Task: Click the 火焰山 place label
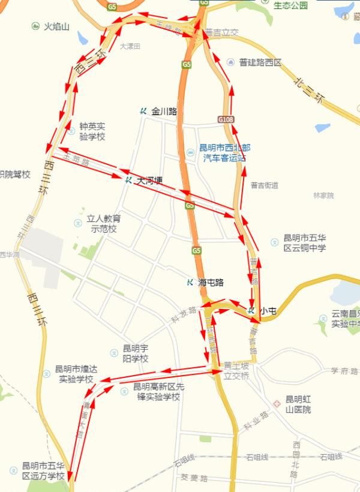[58, 27]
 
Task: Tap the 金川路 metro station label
[164, 111]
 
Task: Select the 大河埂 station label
[149, 179]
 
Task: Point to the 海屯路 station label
[210, 283]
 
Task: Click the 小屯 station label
[268, 311]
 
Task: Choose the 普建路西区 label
[260, 62]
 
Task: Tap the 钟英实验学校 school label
[92, 132]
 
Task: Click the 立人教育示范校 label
[103, 224]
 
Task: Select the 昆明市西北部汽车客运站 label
[224, 152]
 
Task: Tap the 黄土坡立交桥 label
[236, 368]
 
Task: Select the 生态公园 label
[290, 6]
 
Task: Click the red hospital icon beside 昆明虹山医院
[277, 403]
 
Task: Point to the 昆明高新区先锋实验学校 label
[156, 392]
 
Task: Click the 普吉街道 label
[265, 185]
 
